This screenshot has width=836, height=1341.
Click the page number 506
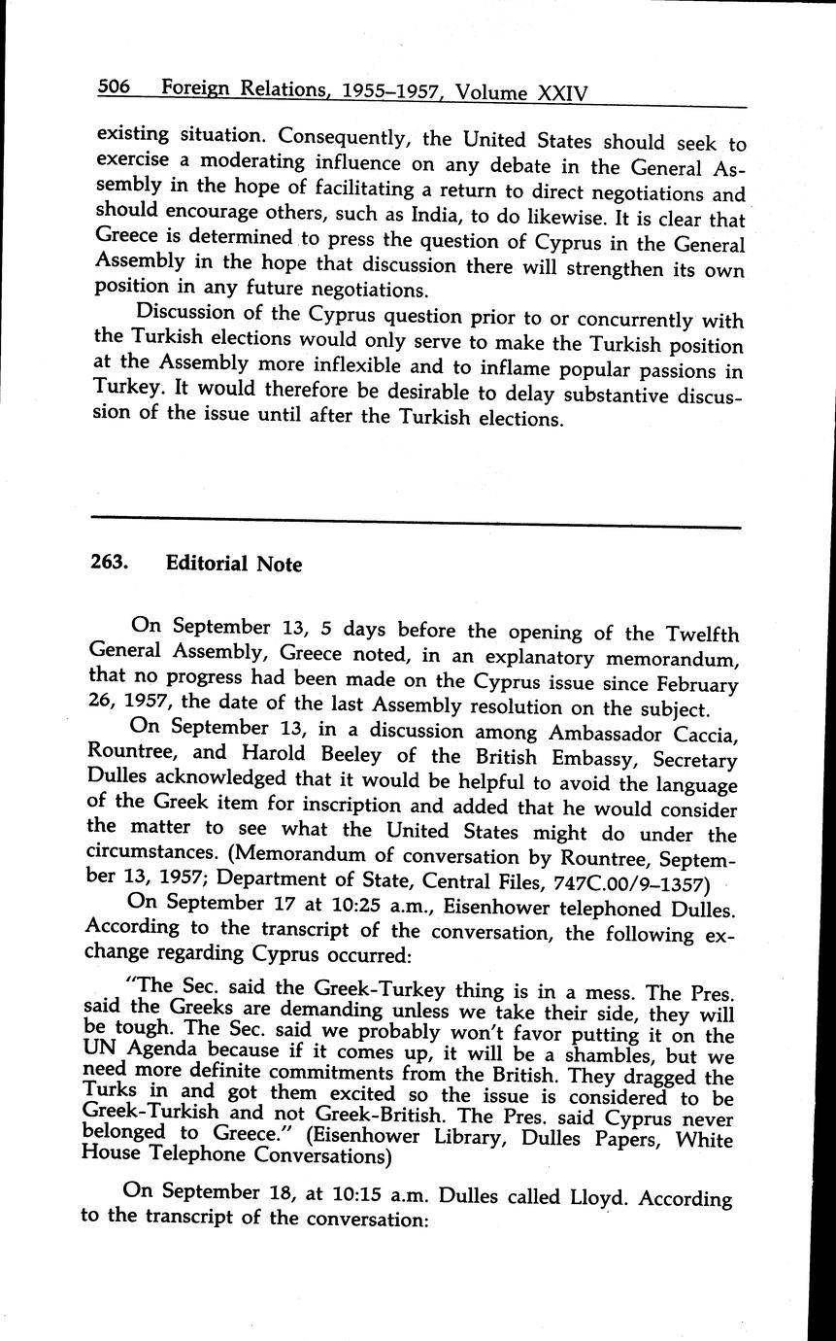tap(114, 88)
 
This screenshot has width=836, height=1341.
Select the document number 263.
tap(110, 562)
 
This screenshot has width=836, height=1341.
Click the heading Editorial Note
tap(233, 564)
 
